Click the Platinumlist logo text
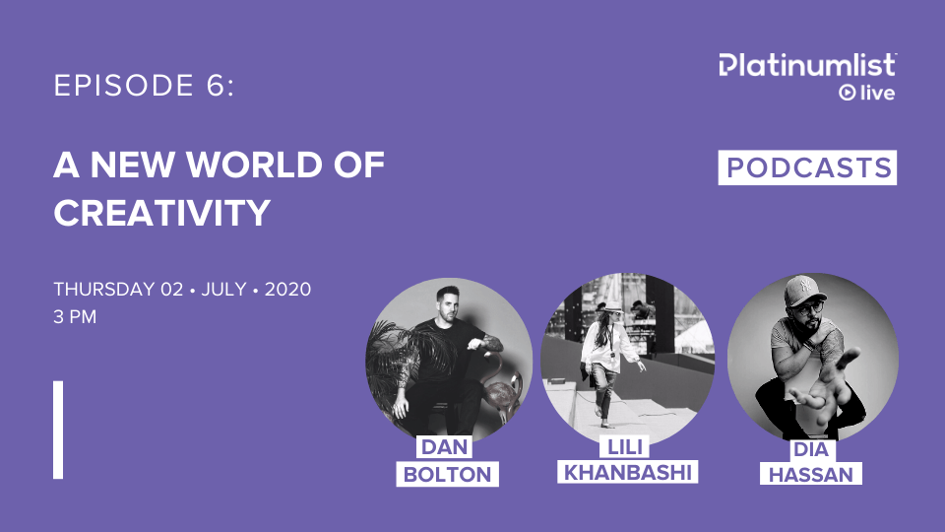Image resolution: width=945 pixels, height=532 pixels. click(807, 65)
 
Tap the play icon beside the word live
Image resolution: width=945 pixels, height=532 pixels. click(846, 93)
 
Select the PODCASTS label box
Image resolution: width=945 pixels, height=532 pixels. click(807, 167)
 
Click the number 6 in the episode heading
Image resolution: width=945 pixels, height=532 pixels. click(219, 87)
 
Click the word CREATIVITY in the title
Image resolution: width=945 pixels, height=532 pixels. click(161, 212)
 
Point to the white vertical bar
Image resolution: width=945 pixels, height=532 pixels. click(58, 430)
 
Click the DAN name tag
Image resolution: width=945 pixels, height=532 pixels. click(444, 448)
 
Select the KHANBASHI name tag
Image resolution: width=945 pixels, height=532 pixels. click(626, 472)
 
